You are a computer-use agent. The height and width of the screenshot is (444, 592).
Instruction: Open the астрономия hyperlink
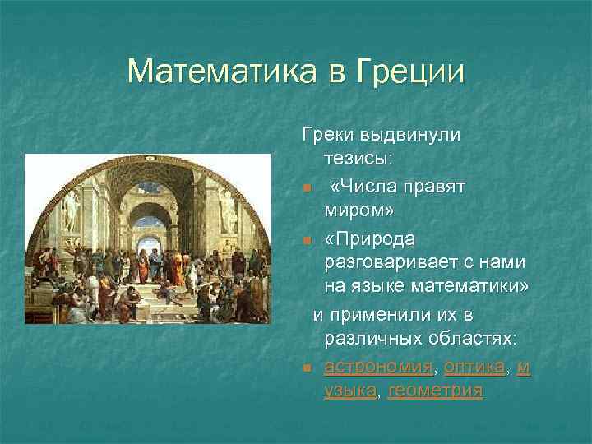coord(379,366)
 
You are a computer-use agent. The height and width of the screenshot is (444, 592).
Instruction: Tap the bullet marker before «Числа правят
coord(306,188)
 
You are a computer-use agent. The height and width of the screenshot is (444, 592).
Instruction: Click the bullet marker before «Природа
coord(306,239)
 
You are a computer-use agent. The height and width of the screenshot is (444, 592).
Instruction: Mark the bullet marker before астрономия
coord(306,368)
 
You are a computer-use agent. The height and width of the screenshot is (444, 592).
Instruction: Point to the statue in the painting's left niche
coord(70,210)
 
